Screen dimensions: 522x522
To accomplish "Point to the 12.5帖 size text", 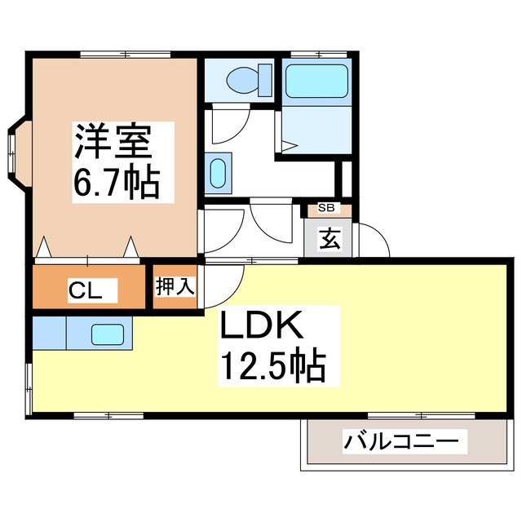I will (x=271, y=366).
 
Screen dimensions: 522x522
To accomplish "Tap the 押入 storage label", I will (x=175, y=288).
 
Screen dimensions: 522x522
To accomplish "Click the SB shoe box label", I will (x=325, y=209).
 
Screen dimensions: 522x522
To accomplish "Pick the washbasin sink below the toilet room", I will (x=218, y=173).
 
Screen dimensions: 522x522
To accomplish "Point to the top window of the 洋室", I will (x=126, y=54).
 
